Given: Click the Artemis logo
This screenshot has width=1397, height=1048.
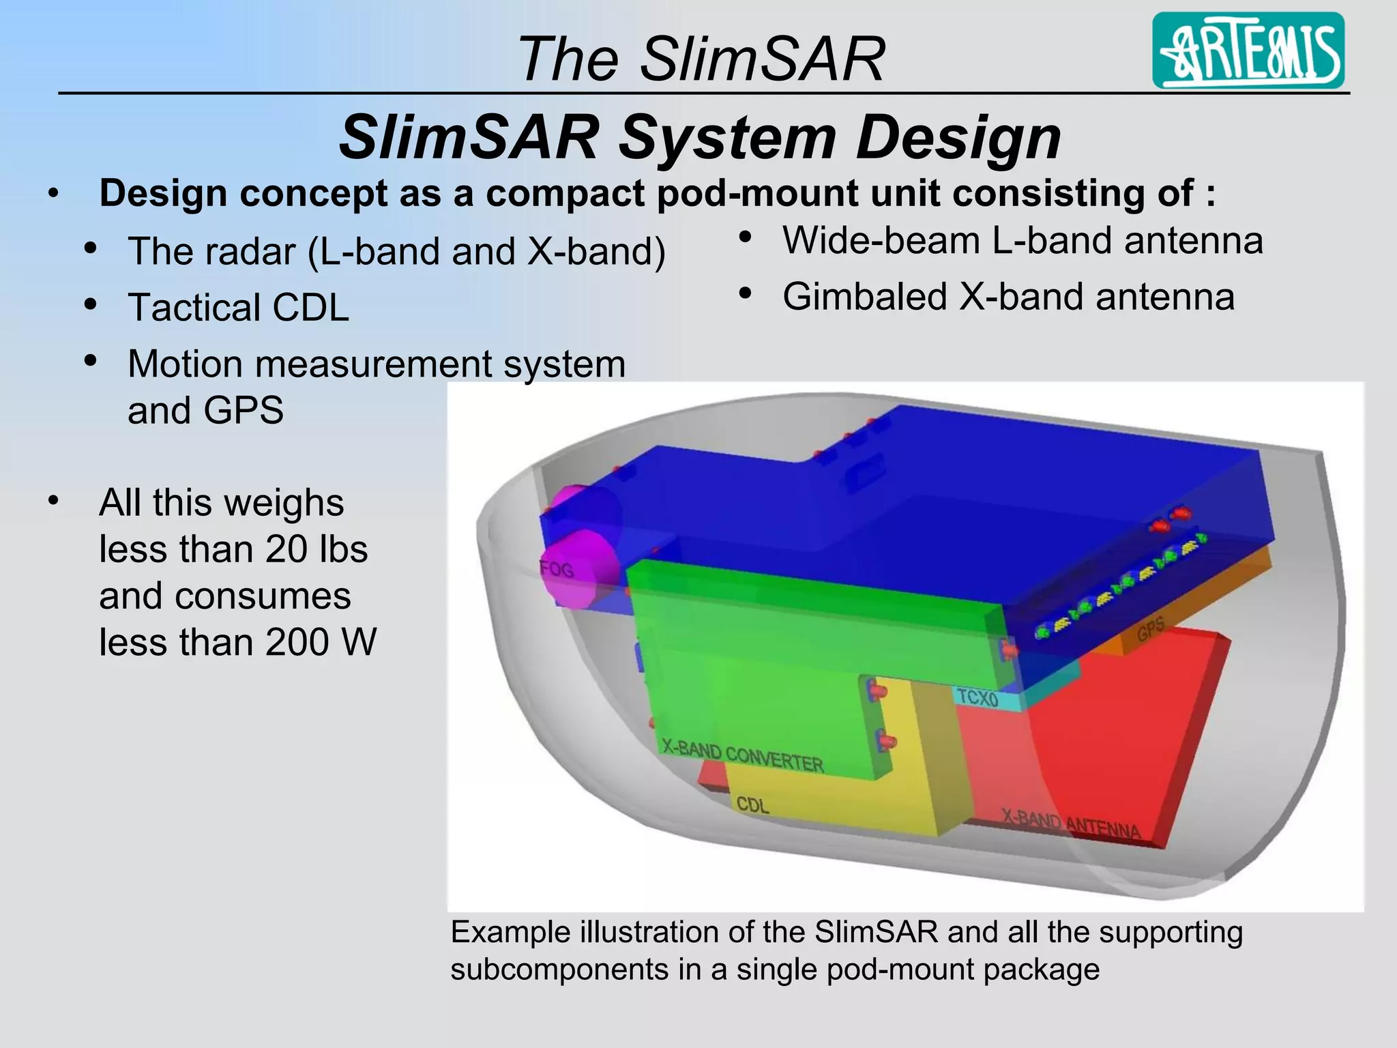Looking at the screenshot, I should pyautogui.click(x=1248, y=51).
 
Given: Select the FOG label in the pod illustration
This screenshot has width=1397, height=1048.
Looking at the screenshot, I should pyautogui.click(x=557, y=568).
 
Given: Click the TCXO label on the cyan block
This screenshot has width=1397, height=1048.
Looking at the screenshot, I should pyautogui.click(x=977, y=698).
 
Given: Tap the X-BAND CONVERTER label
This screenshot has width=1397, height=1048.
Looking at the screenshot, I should pyautogui.click(x=743, y=757).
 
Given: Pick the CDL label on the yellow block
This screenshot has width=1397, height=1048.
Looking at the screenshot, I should pyautogui.click(x=752, y=805).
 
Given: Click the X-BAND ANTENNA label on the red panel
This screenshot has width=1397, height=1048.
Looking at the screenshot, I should pyautogui.click(x=1071, y=824).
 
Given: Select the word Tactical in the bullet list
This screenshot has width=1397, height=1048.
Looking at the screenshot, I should pyautogui.click(x=194, y=307).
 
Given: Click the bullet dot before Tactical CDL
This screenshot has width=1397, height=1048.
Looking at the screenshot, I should pyautogui.click(x=90, y=304).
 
